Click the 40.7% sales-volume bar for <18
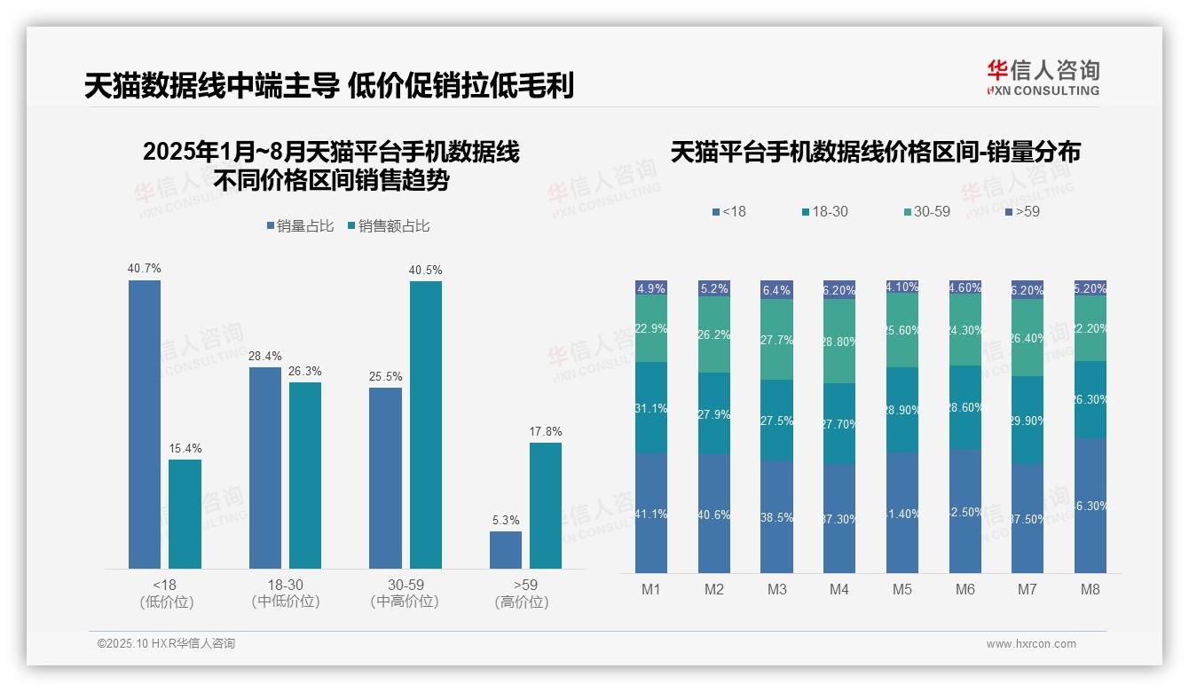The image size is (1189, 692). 145,424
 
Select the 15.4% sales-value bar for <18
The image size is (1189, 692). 185,514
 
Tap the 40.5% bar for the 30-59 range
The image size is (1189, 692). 425,424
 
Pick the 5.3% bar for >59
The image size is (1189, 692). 506,549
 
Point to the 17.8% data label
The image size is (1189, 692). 545,431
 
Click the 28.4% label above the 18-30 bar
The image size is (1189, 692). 264,356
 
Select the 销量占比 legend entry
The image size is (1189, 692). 300,226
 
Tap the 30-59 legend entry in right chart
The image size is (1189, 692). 926,212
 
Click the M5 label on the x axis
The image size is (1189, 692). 902,589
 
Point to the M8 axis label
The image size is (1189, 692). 1091,589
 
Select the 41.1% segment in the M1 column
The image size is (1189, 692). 651,513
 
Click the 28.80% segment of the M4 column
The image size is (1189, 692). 839,342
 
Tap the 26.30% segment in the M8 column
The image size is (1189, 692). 1091,399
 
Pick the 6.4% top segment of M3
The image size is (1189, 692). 776,290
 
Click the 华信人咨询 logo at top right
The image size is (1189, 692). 1043,77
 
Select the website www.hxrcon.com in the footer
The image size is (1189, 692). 1031,644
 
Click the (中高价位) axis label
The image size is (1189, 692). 405,602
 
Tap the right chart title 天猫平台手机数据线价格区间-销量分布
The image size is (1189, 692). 875,153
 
